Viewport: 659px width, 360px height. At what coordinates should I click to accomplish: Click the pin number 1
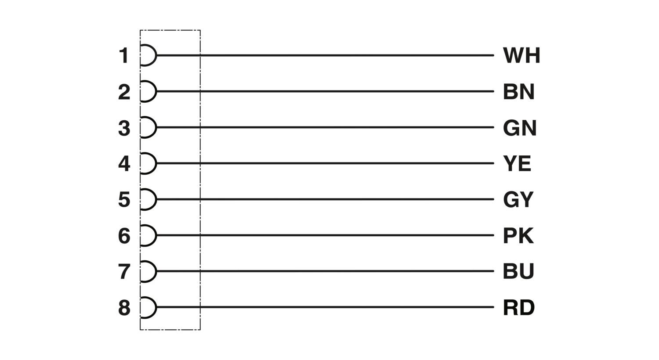[124, 55]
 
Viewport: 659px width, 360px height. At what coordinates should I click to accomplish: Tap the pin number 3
[124, 128]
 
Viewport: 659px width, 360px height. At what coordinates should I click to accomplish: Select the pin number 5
[124, 200]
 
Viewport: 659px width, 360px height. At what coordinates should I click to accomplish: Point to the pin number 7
[124, 272]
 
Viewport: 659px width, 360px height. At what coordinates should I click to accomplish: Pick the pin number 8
[124, 308]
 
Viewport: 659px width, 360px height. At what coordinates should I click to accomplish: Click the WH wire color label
[521, 55]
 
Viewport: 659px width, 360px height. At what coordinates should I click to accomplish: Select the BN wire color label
[519, 92]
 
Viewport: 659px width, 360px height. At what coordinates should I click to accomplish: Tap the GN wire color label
[520, 128]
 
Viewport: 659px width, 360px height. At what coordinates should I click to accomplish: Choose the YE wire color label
[517, 164]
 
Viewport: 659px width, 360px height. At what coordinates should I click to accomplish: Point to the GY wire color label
[518, 200]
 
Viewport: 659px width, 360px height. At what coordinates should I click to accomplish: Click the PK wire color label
[518, 236]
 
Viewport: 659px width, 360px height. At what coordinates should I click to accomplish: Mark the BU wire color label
[518, 272]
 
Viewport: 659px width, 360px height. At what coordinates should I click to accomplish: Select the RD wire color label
[519, 308]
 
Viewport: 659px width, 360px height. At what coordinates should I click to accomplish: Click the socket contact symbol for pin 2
[148, 91]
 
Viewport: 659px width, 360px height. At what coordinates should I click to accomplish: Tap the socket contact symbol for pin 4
[148, 163]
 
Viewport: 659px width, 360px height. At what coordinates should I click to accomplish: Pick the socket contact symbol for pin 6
[148, 235]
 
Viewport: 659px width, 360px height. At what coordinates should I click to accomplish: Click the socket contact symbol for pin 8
[148, 307]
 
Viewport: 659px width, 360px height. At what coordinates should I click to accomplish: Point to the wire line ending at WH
[326, 55]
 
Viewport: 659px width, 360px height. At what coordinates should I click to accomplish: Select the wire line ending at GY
[326, 199]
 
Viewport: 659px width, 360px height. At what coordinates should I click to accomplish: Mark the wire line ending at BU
[326, 271]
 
